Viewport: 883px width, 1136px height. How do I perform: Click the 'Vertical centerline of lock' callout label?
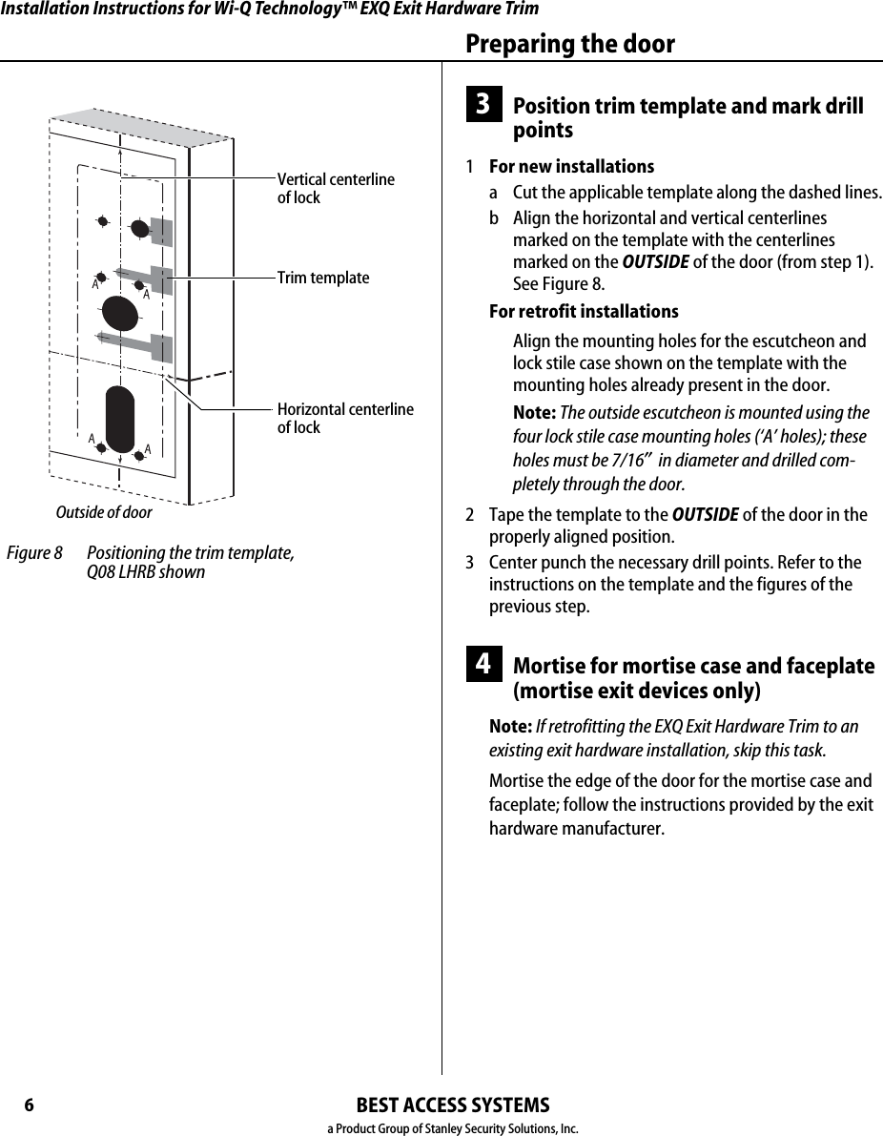(x=335, y=189)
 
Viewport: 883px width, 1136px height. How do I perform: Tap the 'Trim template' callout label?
(x=322, y=278)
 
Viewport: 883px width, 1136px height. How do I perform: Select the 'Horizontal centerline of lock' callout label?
(x=345, y=419)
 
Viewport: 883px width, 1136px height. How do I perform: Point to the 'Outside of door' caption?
(x=104, y=512)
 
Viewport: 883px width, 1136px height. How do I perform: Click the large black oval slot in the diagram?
(x=120, y=419)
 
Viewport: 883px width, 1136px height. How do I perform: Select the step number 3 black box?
(x=483, y=105)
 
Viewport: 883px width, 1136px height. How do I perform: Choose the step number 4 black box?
(x=483, y=664)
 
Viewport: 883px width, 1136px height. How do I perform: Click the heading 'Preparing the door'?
(x=569, y=44)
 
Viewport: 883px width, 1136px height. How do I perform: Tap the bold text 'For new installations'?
(x=571, y=166)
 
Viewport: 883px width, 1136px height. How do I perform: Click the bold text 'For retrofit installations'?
(x=584, y=312)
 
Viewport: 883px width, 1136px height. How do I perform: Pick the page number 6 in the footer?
(x=29, y=1105)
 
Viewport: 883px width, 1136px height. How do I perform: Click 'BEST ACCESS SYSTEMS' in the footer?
(x=452, y=1105)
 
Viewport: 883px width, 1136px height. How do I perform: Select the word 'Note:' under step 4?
(x=510, y=727)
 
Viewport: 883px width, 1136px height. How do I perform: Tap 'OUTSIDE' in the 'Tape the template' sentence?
(x=705, y=515)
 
